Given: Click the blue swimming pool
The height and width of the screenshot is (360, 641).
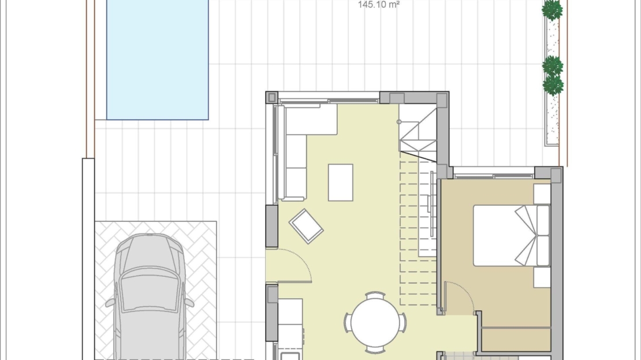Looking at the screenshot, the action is pos(158,60).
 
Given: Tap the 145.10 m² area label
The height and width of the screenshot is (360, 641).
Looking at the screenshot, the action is pos(379,5).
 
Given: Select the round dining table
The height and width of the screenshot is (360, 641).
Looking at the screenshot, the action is pos(375,322).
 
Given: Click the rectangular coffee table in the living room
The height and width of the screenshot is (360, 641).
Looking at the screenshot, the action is pos(341,183).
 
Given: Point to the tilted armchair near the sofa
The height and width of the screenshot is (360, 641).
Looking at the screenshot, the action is pos(306,226).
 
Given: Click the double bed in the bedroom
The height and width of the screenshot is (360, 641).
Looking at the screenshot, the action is pos(512,236).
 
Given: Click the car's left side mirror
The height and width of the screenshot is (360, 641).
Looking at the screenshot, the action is pos(110,303).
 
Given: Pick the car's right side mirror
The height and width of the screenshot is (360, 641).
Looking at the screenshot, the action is pos(189,302).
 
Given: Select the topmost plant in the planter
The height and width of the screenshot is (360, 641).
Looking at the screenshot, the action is pos(552,10).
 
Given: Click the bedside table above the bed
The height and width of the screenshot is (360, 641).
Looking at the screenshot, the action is pos(542,194).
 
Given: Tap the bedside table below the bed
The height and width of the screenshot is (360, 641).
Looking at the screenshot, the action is pos(542,277).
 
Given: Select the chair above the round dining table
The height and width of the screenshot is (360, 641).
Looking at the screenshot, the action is pos(375,295).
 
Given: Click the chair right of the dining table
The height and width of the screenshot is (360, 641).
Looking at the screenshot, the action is pos(403,322).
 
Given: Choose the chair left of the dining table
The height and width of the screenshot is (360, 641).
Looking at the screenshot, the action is pos(348,322).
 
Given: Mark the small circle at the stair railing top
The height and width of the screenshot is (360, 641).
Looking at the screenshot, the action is pos(399,121).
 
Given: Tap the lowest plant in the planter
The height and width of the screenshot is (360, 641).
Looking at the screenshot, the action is pos(553,85).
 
